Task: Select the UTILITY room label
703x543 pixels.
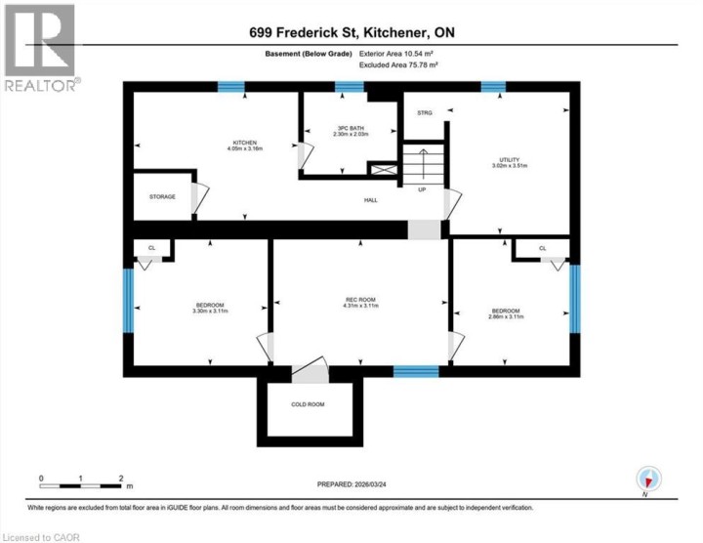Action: click(508, 159)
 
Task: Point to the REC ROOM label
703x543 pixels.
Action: click(359, 300)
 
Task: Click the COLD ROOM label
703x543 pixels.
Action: click(308, 404)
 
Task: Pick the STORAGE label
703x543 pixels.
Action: click(162, 196)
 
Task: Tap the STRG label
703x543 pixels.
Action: click(424, 113)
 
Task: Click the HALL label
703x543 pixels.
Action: click(371, 200)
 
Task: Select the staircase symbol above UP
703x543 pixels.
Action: click(422, 164)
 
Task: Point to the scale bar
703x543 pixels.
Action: click(80, 484)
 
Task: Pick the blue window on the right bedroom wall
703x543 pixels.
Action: click(575, 292)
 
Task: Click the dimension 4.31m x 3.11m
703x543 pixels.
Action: click(359, 307)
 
